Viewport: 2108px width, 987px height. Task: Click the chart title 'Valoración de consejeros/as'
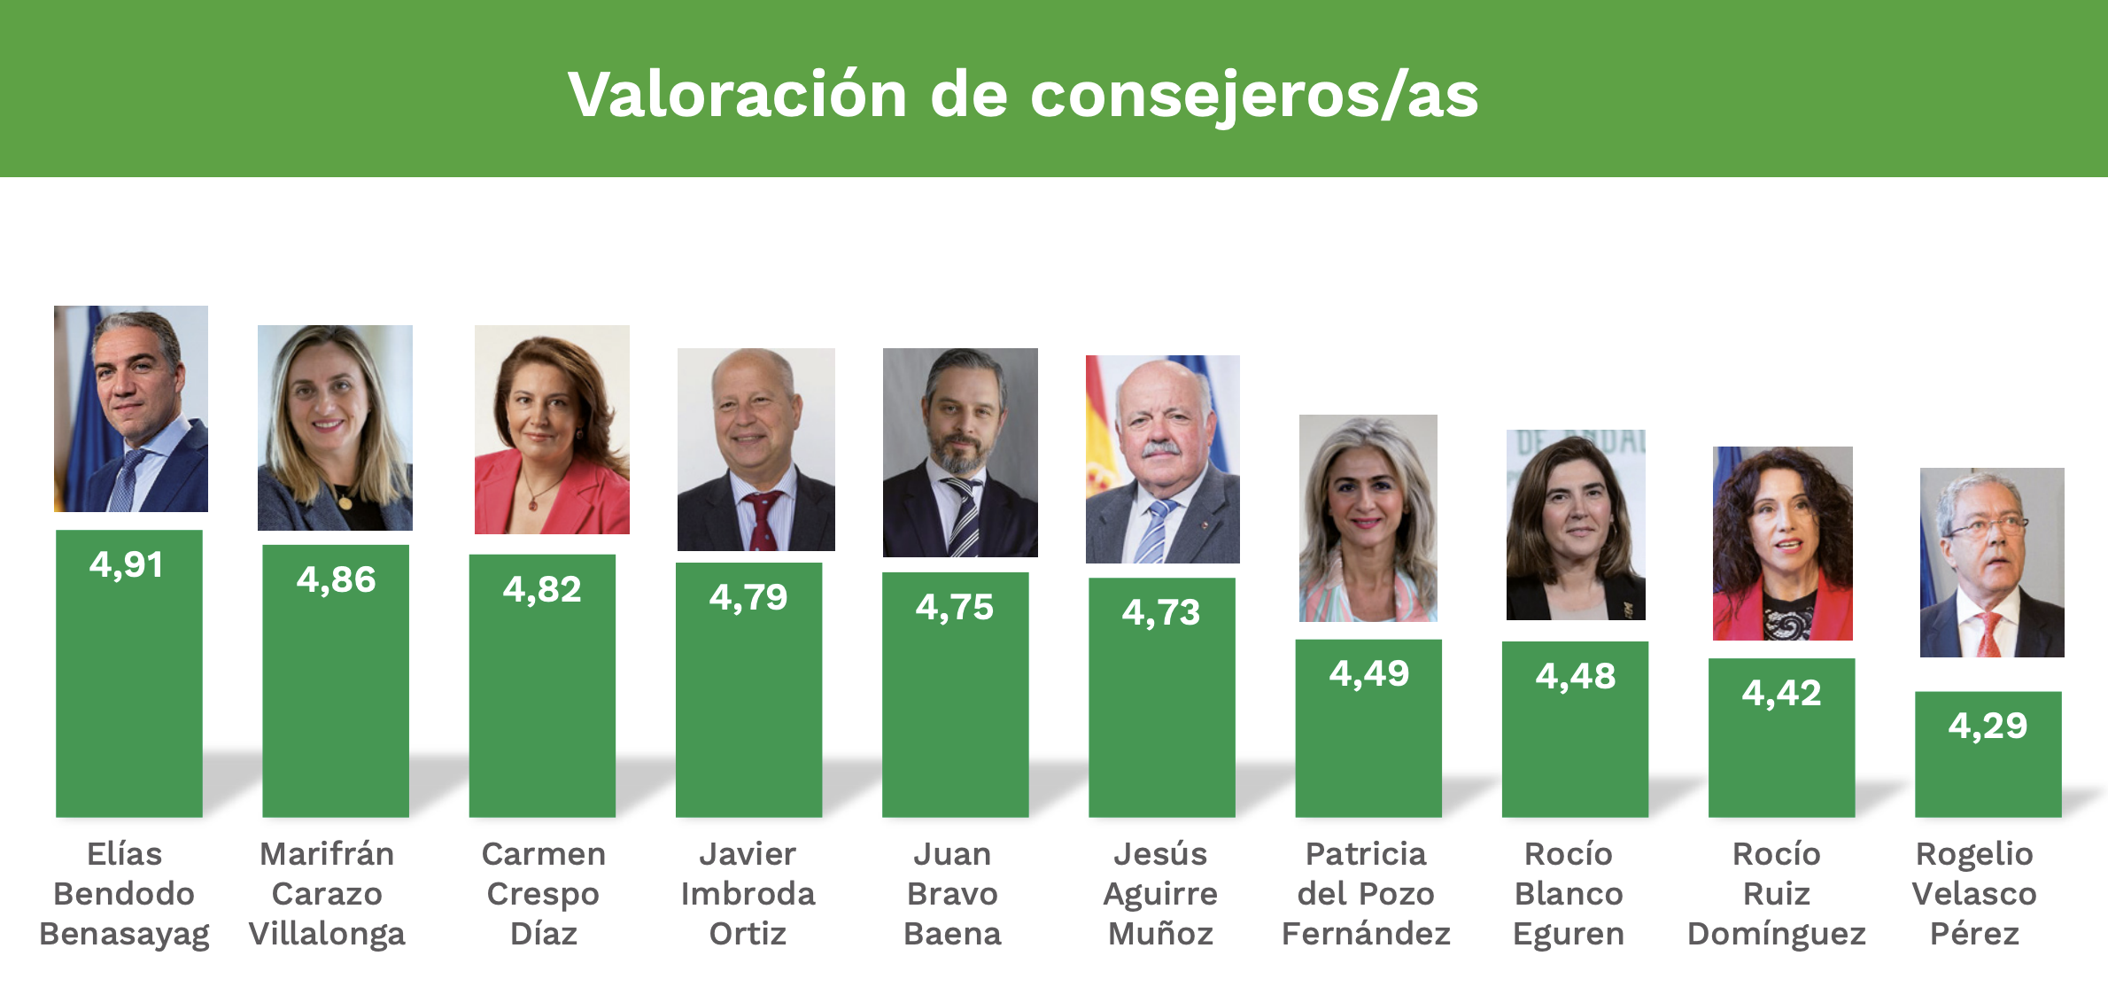[x=1023, y=94]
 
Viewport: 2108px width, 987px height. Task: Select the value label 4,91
[x=127, y=564]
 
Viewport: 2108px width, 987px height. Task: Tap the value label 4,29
[x=1988, y=726]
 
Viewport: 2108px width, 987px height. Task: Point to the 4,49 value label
[x=1368, y=673]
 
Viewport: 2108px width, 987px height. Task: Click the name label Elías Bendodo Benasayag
[x=124, y=893]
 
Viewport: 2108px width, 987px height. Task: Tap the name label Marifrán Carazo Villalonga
[x=327, y=893]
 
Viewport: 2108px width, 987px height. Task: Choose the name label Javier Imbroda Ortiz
[x=748, y=893]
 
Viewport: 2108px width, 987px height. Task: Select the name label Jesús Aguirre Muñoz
[x=1160, y=893]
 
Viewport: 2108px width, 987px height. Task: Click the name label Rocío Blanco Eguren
[x=1569, y=893]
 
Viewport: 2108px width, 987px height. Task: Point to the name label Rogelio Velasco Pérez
[x=1974, y=893]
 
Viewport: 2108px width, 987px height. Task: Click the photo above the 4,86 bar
[x=335, y=427]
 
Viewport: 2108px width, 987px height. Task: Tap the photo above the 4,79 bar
[x=756, y=449]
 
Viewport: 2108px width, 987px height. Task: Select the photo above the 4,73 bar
[x=1162, y=459]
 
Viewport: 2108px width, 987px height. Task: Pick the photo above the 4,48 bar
[x=1576, y=525]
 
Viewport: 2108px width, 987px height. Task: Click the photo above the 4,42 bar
[x=1782, y=543]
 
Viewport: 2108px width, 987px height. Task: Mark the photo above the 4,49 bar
[x=1368, y=518]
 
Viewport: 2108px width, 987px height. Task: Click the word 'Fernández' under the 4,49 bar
[x=1366, y=934]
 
